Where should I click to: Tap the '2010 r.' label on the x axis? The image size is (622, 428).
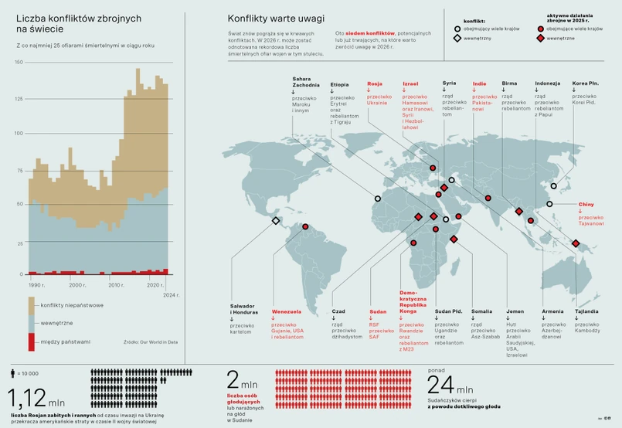click(115, 285)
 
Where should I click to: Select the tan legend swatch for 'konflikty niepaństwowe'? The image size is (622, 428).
click(31, 307)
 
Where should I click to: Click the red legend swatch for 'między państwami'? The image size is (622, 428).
click(31, 340)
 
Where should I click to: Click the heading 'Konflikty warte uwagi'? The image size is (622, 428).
click(276, 18)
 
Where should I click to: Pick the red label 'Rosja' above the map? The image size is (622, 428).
click(375, 83)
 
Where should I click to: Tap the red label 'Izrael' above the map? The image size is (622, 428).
click(410, 83)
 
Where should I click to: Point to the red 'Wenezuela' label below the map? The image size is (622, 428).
click(286, 311)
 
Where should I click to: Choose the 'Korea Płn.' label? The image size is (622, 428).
click(585, 83)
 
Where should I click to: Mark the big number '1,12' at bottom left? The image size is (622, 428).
click(26, 398)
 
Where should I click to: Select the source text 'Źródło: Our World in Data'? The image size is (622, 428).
click(150, 341)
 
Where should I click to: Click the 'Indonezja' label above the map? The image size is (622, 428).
click(547, 83)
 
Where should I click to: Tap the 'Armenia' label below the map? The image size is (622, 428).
click(552, 311)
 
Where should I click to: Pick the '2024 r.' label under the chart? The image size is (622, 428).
click(172, 294)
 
